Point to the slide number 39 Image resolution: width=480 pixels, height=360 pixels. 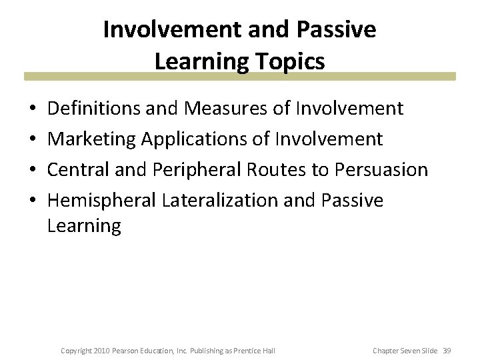coord(446,351)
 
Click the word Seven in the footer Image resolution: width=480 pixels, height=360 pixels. coord(411,351)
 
